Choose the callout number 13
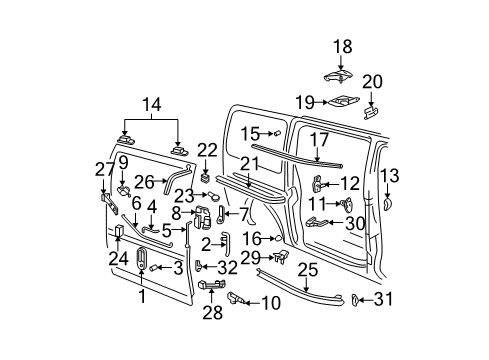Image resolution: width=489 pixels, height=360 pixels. tap(389, 176)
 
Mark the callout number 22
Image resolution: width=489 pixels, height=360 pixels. tap(207, 150)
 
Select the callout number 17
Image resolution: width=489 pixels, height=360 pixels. tap(318, 141)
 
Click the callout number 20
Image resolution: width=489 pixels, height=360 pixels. tap(372, 82)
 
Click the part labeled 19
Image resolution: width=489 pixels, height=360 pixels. tap(341, 101)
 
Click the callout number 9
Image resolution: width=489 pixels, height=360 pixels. tap(123, 161)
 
